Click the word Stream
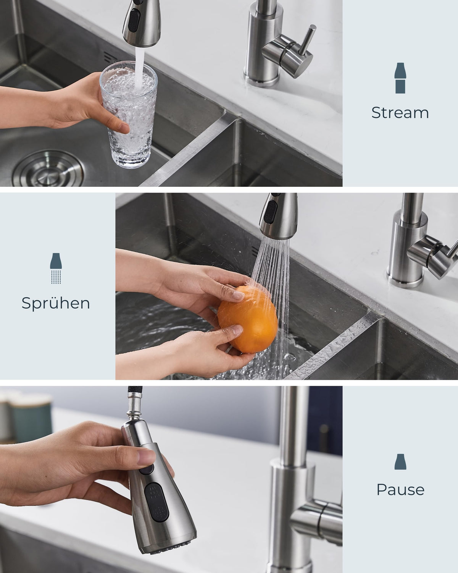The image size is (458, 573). [400, 113]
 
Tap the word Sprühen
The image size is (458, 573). [56, 304]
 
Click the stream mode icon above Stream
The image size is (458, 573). [400, 78]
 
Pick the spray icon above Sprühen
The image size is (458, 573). [56, 268]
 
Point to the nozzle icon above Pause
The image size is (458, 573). [400, 461]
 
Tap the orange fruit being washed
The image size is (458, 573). [248, 319]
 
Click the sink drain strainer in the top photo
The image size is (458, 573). [48, 168]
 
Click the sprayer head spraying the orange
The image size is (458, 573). [278, 216]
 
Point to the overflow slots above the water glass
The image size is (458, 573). [110, 58]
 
